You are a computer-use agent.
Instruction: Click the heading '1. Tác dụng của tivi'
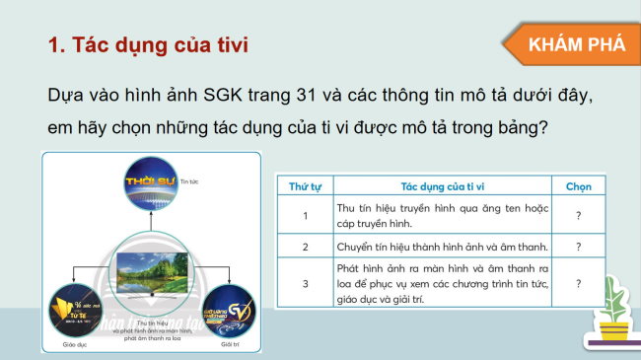coord(148,45)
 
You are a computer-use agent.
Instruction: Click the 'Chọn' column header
coord(578,185)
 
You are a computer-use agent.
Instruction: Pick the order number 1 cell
coord(306,215)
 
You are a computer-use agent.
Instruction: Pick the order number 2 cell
coord(306,247)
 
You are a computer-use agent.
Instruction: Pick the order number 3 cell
coord(306,284)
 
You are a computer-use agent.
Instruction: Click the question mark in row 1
coord(578,215)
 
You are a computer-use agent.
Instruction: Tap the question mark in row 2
coord(578,247)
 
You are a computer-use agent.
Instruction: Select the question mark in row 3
coord(578,284)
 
